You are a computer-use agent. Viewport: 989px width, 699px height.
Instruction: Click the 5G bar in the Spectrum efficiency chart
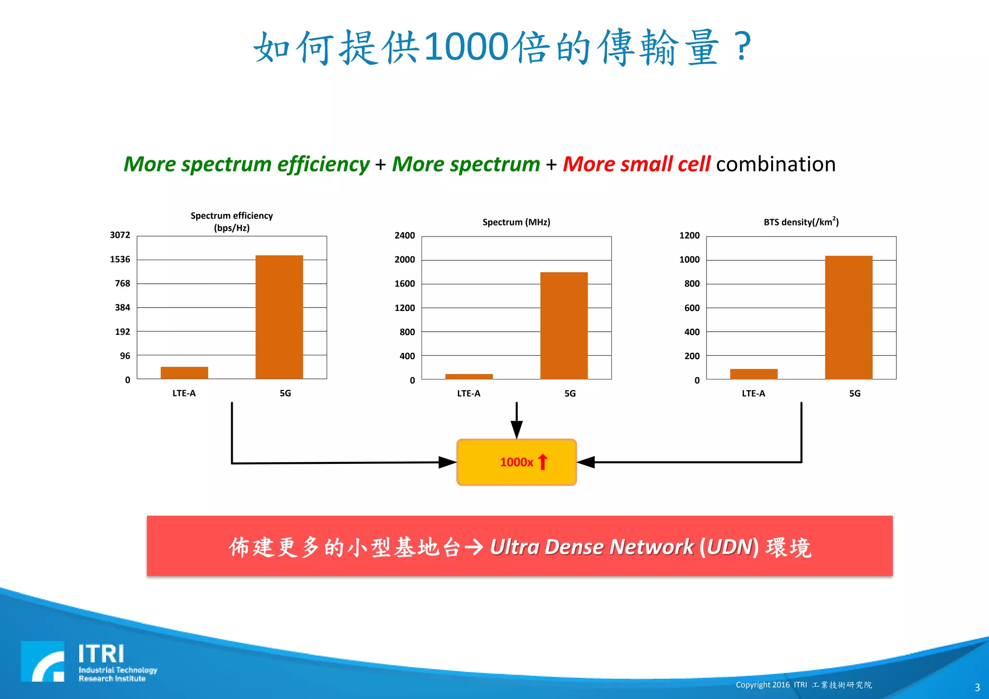pos(279,317)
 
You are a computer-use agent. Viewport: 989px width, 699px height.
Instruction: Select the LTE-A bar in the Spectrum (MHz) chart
pos(469,376)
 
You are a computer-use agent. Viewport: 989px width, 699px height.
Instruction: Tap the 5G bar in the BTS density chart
pos(848,317)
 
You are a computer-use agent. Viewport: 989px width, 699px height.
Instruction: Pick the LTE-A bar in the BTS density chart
pos(753,374)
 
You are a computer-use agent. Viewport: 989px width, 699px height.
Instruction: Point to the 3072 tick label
pos(120,235)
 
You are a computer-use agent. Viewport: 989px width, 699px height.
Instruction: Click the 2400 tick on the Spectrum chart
pos(405,236)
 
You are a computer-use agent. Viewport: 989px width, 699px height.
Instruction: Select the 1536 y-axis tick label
pos(120,259)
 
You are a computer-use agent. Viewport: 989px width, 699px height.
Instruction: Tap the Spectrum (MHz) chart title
pos(516,222)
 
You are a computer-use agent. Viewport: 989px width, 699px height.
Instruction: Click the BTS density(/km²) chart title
pos(801,222)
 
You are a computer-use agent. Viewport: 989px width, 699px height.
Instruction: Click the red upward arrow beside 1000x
pos(543,462)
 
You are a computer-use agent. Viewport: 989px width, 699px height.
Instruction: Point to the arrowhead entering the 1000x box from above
pos(517,429)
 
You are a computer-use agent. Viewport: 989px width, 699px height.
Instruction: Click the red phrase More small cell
pos(636,164)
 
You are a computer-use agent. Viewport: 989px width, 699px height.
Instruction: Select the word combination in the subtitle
pos(776,164)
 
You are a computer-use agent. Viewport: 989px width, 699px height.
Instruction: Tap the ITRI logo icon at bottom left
pos(42,661)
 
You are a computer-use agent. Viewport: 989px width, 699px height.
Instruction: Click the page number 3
pos(977,687)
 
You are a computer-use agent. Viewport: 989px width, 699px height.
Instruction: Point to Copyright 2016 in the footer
pos(763,685)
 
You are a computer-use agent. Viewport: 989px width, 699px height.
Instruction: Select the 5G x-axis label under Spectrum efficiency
pos(285,393)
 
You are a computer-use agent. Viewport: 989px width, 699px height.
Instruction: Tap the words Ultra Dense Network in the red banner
pos(592,547)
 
